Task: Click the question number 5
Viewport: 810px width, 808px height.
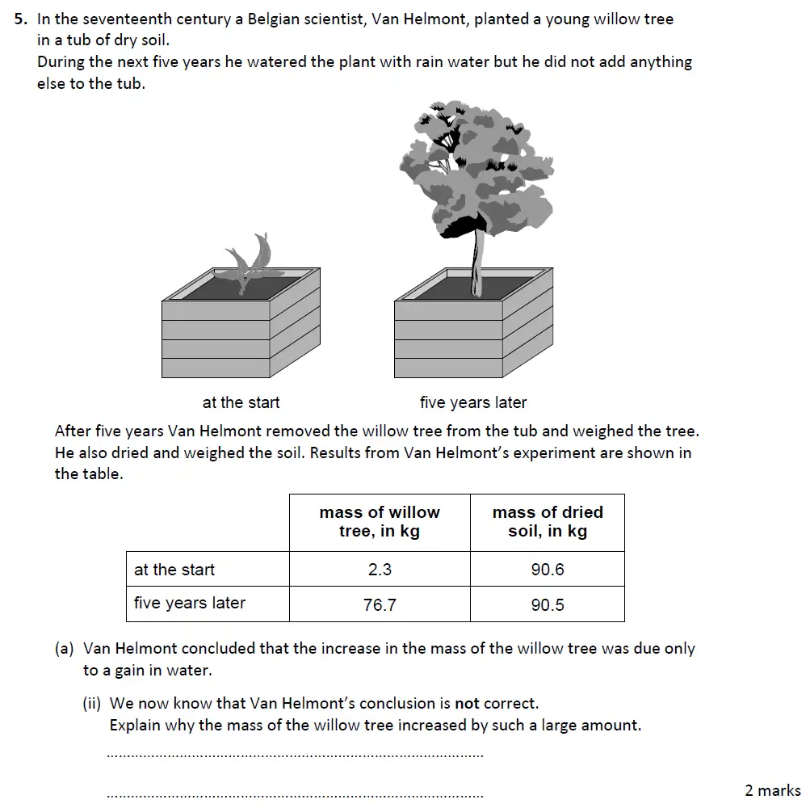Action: click(21, 19)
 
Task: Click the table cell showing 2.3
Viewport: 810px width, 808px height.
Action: click(380, 570)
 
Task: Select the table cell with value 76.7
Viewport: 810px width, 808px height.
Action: click(380, 604)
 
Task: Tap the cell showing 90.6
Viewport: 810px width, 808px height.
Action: click(547, 570)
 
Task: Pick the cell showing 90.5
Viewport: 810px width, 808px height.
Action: click(547, 604)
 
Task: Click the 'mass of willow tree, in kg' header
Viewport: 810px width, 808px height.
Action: click(380, 522)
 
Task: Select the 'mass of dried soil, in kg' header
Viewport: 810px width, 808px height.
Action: click(547, 522)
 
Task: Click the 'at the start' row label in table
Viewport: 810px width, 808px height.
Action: click(174, 570)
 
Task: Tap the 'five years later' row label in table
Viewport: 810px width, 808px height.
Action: click(190, 604)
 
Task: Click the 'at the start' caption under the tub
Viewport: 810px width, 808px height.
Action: click(241, 402)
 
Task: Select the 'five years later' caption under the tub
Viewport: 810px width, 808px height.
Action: click(472, 402)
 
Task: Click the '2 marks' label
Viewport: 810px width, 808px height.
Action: click(772, 790)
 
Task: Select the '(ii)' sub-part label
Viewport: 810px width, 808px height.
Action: click(93, 704)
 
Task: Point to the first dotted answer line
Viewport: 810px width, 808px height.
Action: click(295, 756)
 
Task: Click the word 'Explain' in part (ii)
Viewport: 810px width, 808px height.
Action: click(135, 725)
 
